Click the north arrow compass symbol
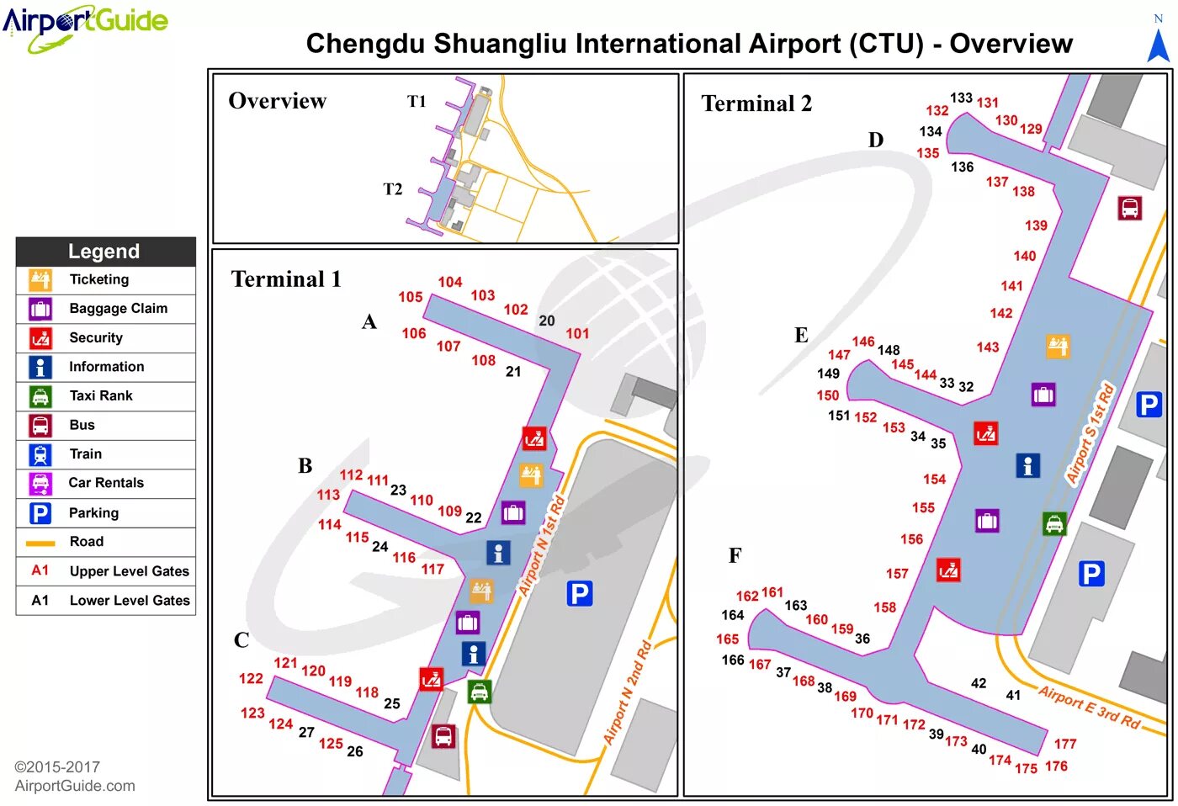point(1159,42)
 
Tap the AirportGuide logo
point(85,25)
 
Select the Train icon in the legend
point(40,454)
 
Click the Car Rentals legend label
point(106,483)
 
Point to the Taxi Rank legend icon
point(40,396)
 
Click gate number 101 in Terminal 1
point(577,334)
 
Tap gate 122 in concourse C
point(251,679)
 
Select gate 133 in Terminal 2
point(961,98)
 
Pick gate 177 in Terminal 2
point(1065,744)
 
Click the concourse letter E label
point(801,336)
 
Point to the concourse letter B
point(305,466)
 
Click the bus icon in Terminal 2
point(1129,208)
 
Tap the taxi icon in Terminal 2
point(1054,524)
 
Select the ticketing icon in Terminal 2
point(1058,346)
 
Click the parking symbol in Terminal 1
point(580,594)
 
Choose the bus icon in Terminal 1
point(443,736)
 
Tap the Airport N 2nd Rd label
point(628,692)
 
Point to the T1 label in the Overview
point(417,102)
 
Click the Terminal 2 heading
point(756,103)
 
